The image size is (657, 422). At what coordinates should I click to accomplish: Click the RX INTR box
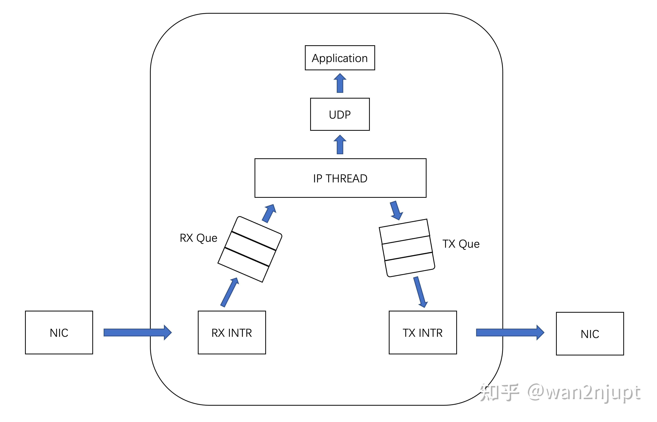pyautogui.click(x=232, y=332)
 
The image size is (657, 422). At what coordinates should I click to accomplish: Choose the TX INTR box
pyautogui.click(x=423, y=332)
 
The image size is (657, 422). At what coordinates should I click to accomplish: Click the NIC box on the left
pyautogui.click(x=59, y=332)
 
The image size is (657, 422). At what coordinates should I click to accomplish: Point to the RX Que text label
pyautogui.click(x=198, y=238)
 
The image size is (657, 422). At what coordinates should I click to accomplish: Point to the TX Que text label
pyautogui.click(x=461, y=244)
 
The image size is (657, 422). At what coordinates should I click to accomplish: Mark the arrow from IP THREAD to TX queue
pyautogui.click(x=396, y=210)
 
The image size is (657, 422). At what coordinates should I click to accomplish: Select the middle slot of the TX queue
pyautogui.click(x=407, y=248)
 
